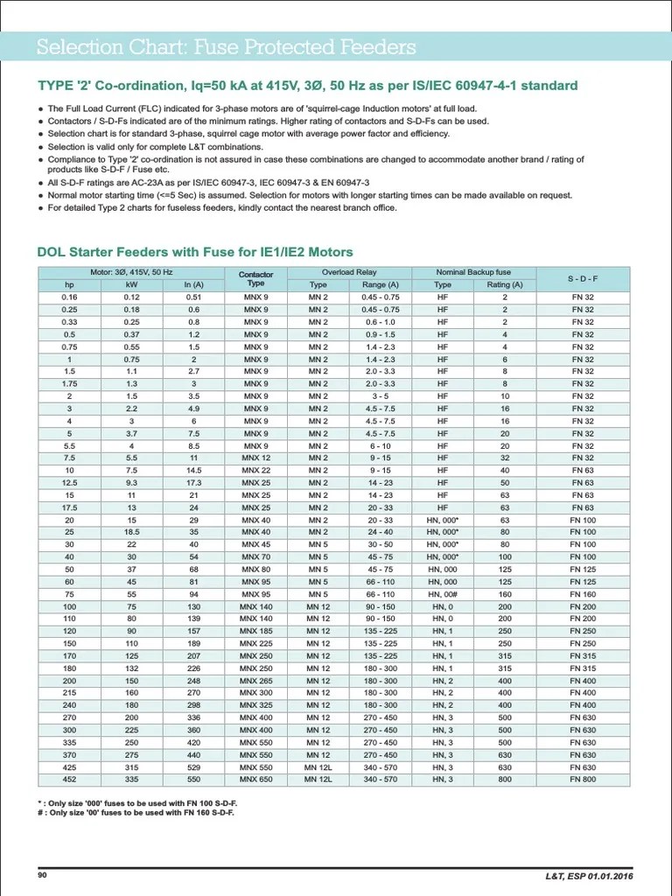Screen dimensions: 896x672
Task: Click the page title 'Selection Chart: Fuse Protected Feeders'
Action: tap(226, 47)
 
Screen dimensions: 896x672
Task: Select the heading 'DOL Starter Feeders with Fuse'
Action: tap(194, 252)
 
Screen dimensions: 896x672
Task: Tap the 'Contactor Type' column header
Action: tap(255, 278)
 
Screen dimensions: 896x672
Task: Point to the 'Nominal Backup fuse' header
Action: tap(473, 272)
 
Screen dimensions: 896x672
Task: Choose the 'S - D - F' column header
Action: tap(582, 278)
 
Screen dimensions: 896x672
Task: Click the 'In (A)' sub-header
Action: tap(193, 284)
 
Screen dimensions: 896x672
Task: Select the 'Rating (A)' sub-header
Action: tap(505, 284)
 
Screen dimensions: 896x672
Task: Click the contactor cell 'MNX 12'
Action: tap(255, 458)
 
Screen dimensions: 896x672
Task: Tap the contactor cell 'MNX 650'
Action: tap(255, 779)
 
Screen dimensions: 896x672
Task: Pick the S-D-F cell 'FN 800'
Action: tap(582, 779)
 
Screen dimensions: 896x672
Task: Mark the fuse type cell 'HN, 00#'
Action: tap(444, 593)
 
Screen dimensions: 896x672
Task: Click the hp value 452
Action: tap(70, 779)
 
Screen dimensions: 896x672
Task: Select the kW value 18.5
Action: tap(131, 532)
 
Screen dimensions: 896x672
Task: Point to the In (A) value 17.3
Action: tap(193, 482)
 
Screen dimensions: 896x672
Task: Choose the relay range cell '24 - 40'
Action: tap(381, 532)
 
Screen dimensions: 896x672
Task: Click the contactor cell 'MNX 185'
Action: tap(255, 631)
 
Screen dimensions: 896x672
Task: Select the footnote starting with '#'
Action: tap(136, 811)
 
